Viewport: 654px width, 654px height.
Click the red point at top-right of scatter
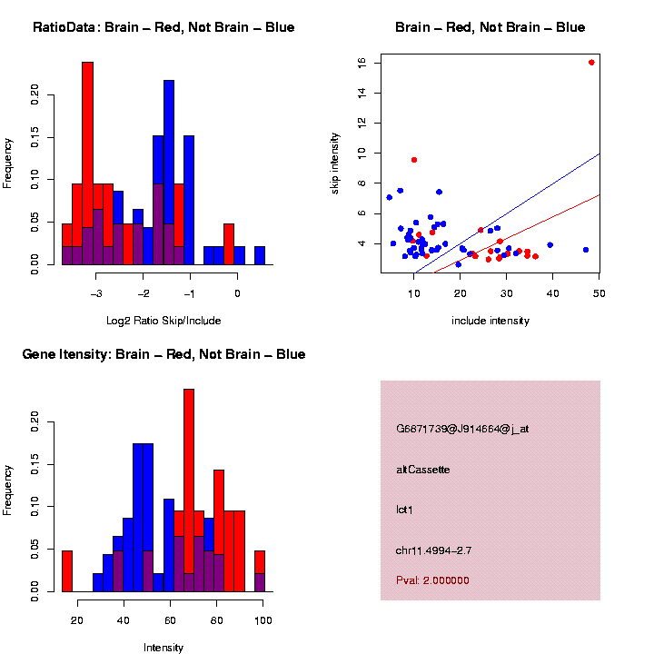pos(591,63)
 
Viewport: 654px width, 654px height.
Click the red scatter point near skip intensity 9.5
pos(414,160)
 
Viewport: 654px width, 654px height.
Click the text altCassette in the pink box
pos(422,470)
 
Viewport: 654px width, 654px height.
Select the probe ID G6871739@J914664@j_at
pos(462,428)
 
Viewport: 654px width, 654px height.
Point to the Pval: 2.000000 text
pos(432,580)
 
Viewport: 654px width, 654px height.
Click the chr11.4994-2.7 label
pos(433,550)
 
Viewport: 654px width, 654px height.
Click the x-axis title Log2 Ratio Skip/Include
pos(163,321)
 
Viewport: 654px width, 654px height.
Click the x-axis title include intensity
pos(490,321)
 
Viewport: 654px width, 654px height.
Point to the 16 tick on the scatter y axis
pos(362,62)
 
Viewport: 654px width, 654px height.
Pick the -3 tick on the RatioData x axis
pos(96,293)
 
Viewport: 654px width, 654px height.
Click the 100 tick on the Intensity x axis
pos(263,620)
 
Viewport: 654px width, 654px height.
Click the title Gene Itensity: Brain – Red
pos(163,354)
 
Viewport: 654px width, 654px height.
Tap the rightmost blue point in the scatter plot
pos(586,250)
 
